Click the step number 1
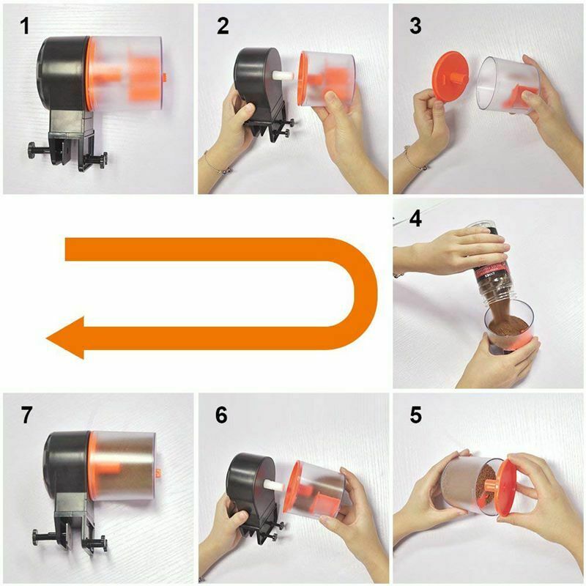(x=25, y=26)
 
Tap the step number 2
(x=223, y=26)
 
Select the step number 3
(x=415, y=26)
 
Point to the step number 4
(x=415, y=219)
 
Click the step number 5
(x=416, y=415)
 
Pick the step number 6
(x=221, y=415)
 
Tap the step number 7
(x=26, y=415)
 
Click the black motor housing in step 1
(x=64, y=75)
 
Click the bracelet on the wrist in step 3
(x=413, y=159)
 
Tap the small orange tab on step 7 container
(x=158, y=473)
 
